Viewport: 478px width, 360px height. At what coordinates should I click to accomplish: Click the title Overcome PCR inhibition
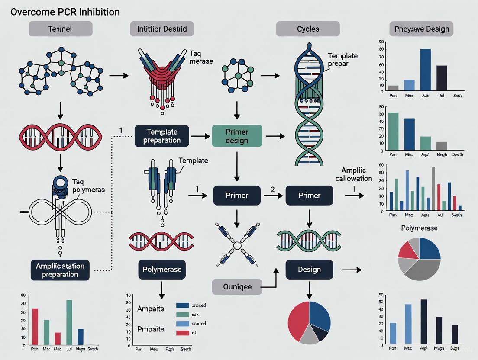click(x=65, y=12)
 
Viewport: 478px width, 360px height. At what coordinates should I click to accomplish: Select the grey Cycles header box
click(x=308, y=29)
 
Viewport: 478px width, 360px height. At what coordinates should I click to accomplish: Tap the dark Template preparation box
click(x=161, y=135)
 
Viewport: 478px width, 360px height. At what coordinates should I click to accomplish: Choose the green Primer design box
click(x=237, y=135)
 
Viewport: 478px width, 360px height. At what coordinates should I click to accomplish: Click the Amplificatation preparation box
click(x=60, y=269)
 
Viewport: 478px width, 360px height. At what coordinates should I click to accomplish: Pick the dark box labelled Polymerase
click(x=162, y=270)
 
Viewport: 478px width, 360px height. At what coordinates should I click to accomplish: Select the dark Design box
click(x=309, y=270)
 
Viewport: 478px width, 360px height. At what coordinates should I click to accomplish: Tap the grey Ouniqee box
click(x=237, y=286)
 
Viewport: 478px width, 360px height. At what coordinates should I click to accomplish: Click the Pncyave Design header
click(x=421, y=29)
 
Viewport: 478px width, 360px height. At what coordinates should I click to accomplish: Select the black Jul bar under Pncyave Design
click(x=442, y=78)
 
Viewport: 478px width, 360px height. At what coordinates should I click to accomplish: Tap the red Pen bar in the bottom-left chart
click(x=35, y=327)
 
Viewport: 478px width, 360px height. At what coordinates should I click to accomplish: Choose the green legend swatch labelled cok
click(x=183, y=315)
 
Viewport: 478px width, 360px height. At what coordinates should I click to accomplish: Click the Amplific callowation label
click(x=356, y=174)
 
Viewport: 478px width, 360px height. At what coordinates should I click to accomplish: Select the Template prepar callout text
click(x=342, y=60)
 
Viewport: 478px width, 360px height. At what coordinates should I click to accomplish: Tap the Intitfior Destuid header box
click(x=162, y=29)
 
